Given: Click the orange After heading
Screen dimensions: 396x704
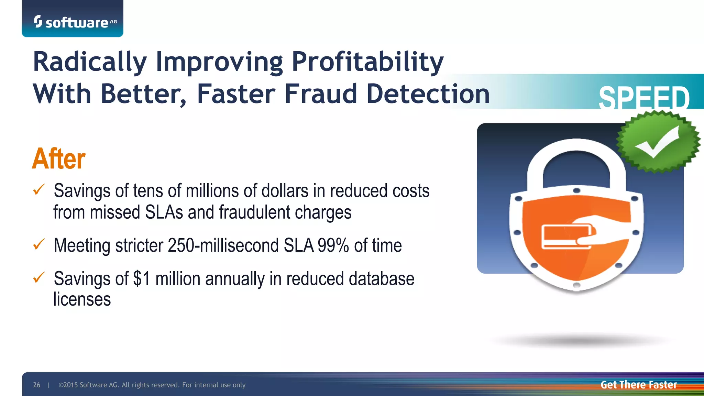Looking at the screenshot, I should tap(59, 159).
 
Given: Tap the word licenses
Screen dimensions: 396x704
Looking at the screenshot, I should tap(82, 299).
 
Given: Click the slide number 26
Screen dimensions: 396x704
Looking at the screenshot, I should tap(36, 385).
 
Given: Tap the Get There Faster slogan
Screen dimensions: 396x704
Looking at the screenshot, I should tap(638, 385).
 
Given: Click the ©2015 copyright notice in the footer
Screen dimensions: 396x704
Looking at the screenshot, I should tap(152, 385).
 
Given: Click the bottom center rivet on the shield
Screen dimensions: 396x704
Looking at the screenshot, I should tap(577, 285).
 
